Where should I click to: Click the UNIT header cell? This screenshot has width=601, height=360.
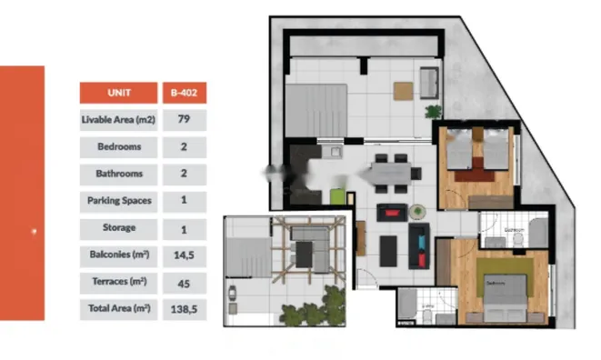tap(119, 92)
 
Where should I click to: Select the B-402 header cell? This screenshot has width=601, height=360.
tap(184, 92)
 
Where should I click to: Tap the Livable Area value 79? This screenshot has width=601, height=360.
tap(184, 119)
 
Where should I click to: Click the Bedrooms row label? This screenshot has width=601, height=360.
tap(119, 146)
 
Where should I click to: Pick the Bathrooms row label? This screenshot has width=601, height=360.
tap(119, 174)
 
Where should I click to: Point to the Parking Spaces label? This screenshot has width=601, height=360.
tap(119, 201)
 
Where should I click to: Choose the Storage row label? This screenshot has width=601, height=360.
tap(119, 228)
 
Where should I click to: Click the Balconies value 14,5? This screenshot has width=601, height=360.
tap(184, 255)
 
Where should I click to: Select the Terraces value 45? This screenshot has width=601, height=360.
tap(184, 283)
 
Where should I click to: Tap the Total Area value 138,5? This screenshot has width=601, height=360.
tap(184, 309)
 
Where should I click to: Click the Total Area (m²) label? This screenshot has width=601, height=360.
tap(119, 309)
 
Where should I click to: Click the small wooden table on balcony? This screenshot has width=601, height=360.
tap(402, 90)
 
